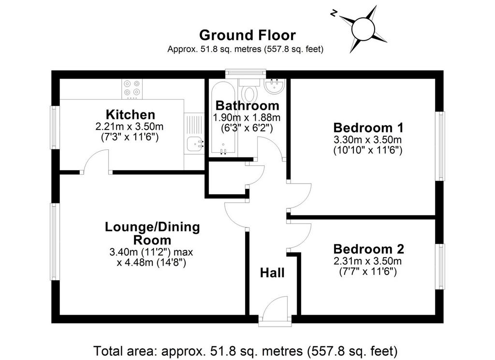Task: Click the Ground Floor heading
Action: pos(247,35)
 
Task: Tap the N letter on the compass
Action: pos(334,13)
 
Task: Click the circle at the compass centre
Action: pos(363,29)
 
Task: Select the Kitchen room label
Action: pos(131,114)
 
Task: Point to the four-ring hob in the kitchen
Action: pos(132,88)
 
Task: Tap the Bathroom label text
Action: pos(247,105)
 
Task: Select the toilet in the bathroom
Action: pos(249,90)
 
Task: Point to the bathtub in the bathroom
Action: pos(223,119)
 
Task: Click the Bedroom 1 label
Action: pos(368,128)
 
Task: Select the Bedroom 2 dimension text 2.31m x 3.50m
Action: pos(367,261)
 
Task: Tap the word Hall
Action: pos(272,273)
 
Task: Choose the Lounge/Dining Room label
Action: pos(152,233)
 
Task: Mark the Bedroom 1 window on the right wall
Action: pos(440,146)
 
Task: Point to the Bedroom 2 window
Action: pos(440,266)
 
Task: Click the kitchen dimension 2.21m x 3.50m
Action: pos(130,127)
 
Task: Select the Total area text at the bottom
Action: pos(245,351)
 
